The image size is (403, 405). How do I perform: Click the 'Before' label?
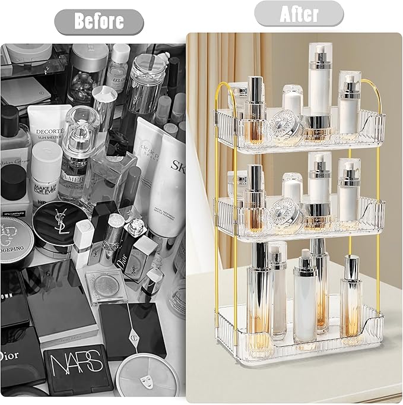tap(99, 21)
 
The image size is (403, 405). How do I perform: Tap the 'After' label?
tap(299, 13)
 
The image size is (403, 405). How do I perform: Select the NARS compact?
tap(78, 366)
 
